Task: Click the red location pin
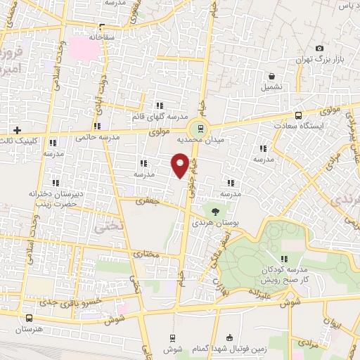180,166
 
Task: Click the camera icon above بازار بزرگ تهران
319,48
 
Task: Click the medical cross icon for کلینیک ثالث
17,130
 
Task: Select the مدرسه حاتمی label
91,139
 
